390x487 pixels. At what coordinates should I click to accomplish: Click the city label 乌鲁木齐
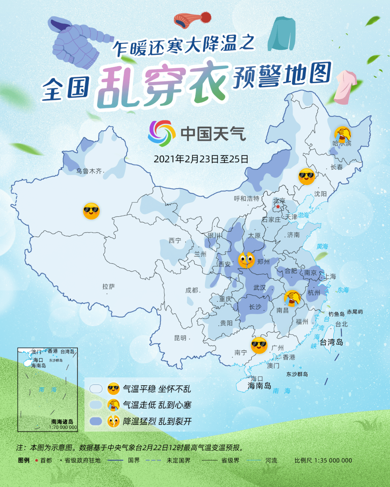click(x=89, y=171)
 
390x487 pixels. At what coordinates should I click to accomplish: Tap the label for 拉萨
click(x=108, y=286)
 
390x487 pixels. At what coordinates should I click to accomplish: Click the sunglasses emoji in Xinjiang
click(x=91, y=211)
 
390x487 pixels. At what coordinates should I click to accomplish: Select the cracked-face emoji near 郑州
click(x=247, y=260)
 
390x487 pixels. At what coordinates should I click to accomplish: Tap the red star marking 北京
click(x=278, y=207)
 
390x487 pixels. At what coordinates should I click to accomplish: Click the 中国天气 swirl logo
click(x=160, y=133)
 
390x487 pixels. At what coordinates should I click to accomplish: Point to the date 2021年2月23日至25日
click(x=201, y=159)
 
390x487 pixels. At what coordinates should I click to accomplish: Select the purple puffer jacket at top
click(x=78, y=43)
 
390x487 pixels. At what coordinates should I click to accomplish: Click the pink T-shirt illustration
click(x=346, y=87)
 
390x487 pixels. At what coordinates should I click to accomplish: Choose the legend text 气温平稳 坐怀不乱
click(x=157, y=389)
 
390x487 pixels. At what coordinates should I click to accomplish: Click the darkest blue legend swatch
click(x=96, y=421)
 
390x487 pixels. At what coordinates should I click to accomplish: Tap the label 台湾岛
click(x=331, y=342)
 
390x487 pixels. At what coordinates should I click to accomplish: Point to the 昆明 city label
click(x=180, y=338)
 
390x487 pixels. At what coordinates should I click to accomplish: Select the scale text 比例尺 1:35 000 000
click(x=323, y=460)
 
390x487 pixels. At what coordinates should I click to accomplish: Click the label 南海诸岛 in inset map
click(x=62, y=421)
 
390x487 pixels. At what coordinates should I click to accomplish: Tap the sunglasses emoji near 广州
click(x=259, y=345)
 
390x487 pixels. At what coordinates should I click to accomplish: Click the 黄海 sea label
click(x=322, y=246)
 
